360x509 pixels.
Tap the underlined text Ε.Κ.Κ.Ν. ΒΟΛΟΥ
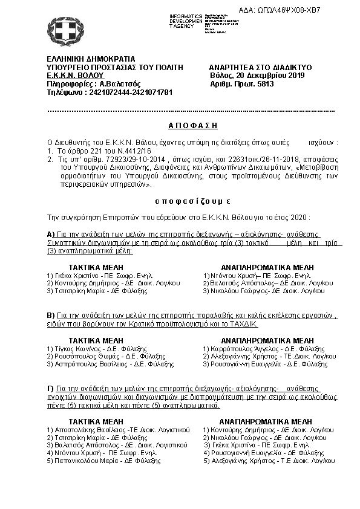[x=71, y=76]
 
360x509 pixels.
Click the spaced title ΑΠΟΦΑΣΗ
[x=179, y=123]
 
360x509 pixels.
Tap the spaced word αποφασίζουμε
[x=180, y=199]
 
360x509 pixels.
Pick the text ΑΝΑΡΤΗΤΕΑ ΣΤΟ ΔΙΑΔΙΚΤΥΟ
[x=260, y=67]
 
